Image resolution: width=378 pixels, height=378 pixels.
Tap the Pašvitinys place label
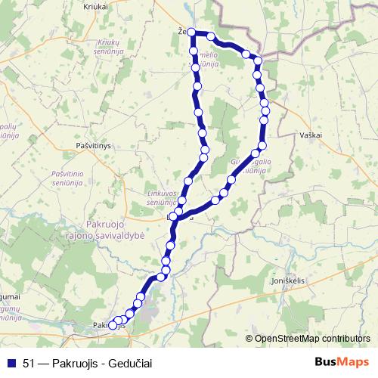[94, 143]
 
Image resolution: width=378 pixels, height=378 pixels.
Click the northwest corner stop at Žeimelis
[191, 33]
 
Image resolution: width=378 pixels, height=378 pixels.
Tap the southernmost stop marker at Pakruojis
[113, 325]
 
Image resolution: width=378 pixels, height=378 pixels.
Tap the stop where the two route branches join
[174, 217]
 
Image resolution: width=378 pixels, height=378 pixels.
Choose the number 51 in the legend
[29, 362]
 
